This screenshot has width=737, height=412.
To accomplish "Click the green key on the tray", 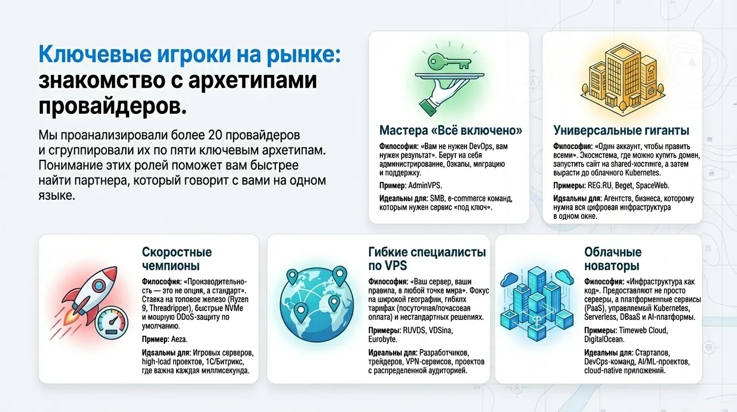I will (x=448, y=61).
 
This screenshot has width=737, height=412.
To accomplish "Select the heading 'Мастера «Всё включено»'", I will (x=450, y=130).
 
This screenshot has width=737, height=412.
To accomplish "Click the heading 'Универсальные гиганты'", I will (x=621, y=130).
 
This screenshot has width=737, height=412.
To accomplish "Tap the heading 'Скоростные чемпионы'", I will (x=177, y=259).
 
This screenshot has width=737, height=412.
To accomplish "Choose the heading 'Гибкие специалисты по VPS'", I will (x=427, y=259).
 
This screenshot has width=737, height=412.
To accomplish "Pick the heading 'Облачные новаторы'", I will (x=613, y=259).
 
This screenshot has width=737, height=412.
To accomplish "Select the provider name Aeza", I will (x=179, y=340).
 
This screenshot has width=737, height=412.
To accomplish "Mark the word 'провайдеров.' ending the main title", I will (x=112, y=106).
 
